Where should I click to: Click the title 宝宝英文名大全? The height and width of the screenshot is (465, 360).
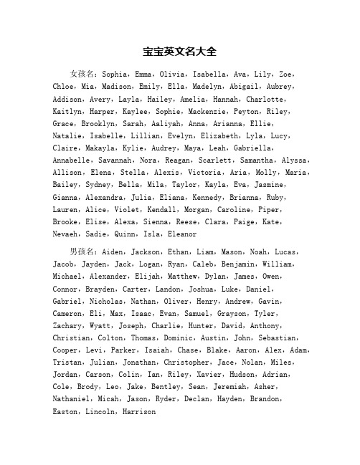click(180, 52)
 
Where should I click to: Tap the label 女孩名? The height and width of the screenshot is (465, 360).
click(84, 74)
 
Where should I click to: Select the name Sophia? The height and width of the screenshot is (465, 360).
click(119, 74)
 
